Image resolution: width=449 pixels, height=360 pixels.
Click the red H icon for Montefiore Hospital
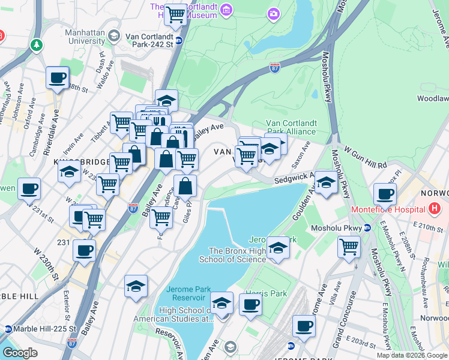click(x=435, y=209)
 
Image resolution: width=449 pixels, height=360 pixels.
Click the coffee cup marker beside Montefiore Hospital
click(x=385, y=194)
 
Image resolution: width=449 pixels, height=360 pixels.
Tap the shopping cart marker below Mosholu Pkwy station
click(x=349, y=246)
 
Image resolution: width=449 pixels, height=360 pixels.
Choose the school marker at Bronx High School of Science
click(x=278, y=247)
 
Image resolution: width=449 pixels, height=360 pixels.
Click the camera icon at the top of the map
click(x=274, y=13)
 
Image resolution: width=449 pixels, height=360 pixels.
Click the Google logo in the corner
click(x=20, y=352)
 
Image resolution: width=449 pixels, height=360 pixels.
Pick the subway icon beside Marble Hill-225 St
click(x=8, y=329)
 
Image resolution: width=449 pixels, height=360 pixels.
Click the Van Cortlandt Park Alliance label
click(x=291, y=127)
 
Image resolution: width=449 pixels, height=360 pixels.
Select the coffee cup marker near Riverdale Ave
click(x=57, y=77)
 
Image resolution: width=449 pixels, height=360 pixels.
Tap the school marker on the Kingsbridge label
click(x=70, y=171)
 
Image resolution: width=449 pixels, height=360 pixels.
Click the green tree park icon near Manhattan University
click(x=37, y=45)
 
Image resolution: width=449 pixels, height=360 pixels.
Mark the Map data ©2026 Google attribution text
click(x=412, y=355)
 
